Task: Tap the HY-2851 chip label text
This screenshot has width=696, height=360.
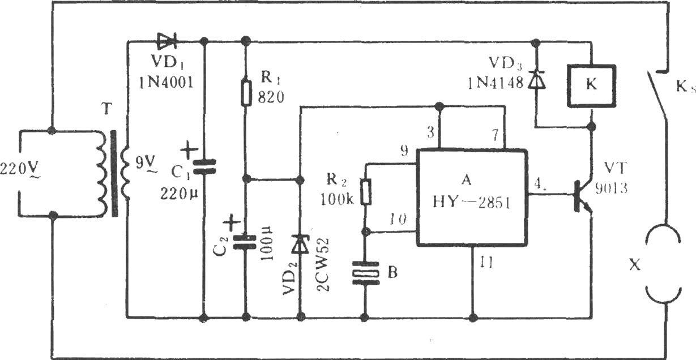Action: click(471, 203)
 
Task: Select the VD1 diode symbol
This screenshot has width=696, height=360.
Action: click(167, 41)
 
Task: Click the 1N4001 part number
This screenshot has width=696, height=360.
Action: click(166, 83)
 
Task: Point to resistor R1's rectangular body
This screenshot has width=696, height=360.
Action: click(246, 93)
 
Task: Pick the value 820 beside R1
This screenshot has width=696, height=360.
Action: click(271, 97)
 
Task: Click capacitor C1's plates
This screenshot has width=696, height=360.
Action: click(204, 166)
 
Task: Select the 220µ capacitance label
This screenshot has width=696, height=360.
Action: click(180, 195)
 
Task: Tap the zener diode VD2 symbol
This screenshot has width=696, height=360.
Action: click(300, 244)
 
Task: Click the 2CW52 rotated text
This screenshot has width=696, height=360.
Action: click(323, 265)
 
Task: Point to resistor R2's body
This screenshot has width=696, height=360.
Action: click(366, 191)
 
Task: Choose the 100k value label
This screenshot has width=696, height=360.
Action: click(337, 199)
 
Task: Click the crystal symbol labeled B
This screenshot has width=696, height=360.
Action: click(366, 273)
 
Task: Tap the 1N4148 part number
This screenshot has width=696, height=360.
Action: click(496, 83)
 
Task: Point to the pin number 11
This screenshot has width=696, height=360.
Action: click(486, 263)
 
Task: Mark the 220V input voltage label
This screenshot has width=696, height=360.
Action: click(20, 170)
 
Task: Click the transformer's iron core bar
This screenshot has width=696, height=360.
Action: click(114, 174)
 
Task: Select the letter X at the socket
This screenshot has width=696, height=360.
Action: click(634, 265)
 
